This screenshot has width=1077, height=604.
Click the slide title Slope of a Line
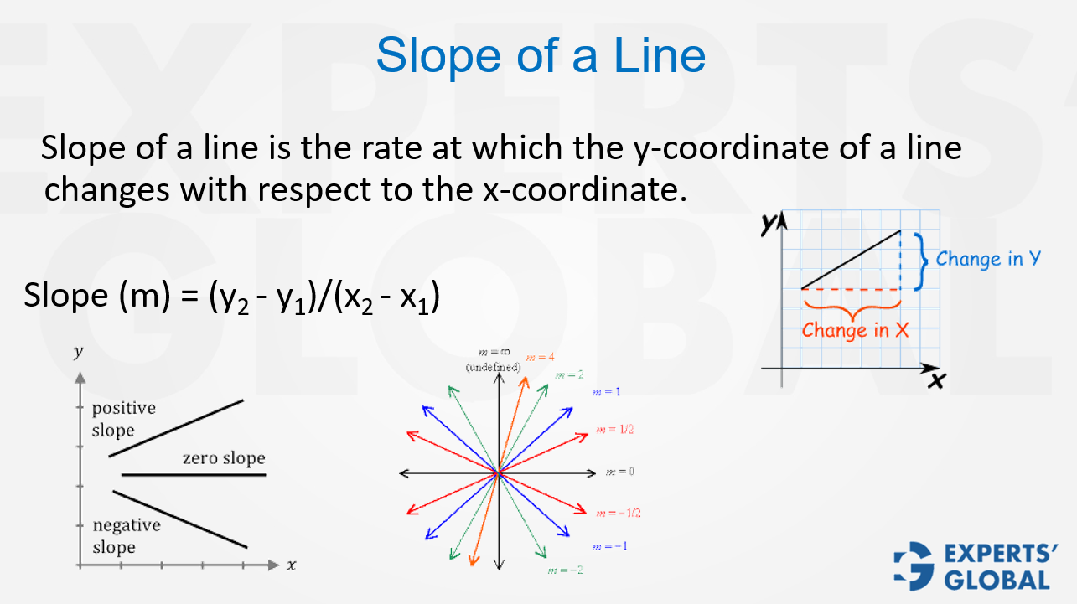point(541,55)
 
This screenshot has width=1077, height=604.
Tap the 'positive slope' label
point(123,419)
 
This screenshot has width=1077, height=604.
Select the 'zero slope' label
point(224,458)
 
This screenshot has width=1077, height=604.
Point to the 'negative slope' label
point(126,536)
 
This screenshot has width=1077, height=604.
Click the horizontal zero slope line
point(193,475)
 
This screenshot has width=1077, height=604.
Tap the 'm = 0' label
point(620,472)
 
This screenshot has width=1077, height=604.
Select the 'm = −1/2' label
point(618,512)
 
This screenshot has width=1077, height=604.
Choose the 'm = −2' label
point(565,570)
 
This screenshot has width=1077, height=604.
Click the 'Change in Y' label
point(988,259)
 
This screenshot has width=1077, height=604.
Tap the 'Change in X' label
point(855,330)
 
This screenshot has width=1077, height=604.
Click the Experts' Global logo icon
point(914,565)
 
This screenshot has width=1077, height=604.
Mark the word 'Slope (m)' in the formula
point(90,297)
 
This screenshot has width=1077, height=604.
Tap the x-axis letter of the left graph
point(291,565)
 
